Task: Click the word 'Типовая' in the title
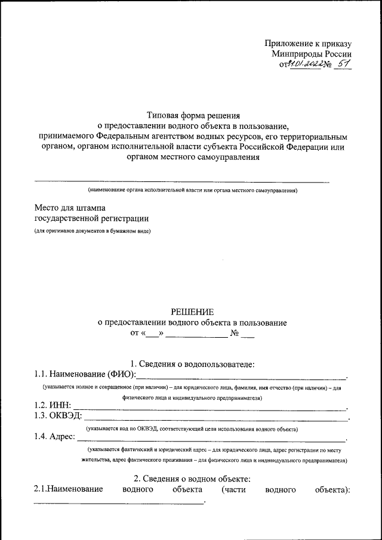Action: coord(164,115)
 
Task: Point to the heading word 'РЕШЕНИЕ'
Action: coord(192,311)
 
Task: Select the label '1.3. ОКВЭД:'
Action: coord(58,416)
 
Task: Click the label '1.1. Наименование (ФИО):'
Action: coord(85,374)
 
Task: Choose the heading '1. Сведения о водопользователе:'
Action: coord(193,363)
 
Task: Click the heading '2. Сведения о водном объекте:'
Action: coord(192,479)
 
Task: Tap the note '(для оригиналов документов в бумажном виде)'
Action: coord(92,231)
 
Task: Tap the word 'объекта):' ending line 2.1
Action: coord(332,490)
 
